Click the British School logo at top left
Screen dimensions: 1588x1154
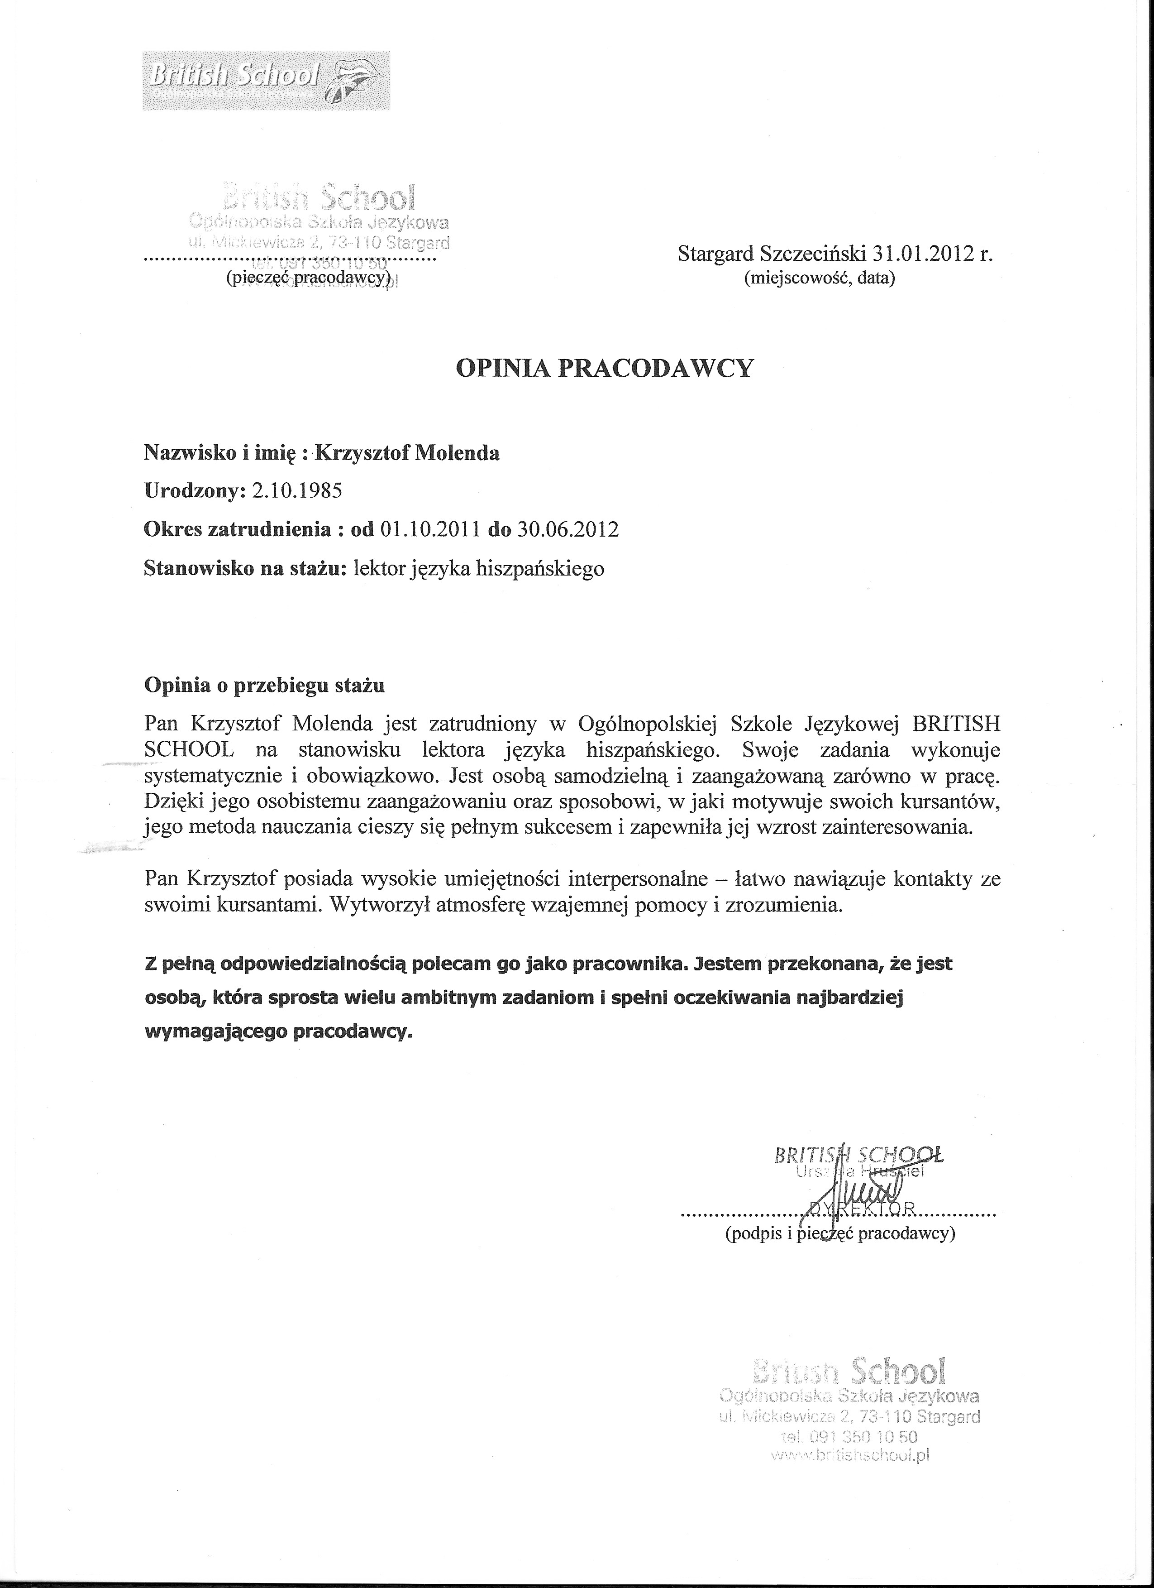point(266,81)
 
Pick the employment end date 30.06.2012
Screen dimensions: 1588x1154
point(567,528)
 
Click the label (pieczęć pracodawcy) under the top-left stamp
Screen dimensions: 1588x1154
point(307,278)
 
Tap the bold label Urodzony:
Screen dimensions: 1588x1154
point(195,490)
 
